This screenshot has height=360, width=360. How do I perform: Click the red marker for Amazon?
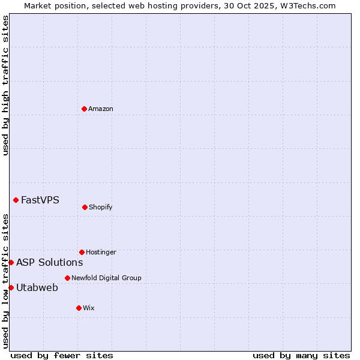click(85, 109)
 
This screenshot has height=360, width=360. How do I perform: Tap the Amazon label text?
click(101, 109)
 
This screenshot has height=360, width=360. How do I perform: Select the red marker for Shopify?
click(85, 207)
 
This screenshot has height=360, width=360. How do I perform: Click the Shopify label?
click(101, 207)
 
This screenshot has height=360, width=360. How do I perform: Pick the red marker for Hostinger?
click(82, 252)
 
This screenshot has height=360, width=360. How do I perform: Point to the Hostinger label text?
click(101, 252)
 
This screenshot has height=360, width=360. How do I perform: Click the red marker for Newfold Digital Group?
click(67, 278)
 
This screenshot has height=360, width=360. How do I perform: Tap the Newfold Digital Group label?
click(106, 278)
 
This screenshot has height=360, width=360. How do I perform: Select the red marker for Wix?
click(79, 308)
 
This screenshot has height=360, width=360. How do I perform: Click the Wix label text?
click(89, 308)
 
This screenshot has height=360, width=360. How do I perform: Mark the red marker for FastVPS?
click(16, 200)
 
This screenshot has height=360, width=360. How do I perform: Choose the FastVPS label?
click(40, 200)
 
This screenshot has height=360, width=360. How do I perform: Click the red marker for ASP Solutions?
click(11, 262)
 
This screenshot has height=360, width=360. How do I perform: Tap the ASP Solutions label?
click(50, 262)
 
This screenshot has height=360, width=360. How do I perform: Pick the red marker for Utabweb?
click(11, 287)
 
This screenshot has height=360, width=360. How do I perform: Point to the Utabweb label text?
click(37, 287)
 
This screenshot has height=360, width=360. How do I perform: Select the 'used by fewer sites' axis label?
click(62, 355)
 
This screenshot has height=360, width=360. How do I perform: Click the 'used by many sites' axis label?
click(301, 355)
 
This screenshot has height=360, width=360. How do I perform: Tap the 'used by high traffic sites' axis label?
click(5, 85)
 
